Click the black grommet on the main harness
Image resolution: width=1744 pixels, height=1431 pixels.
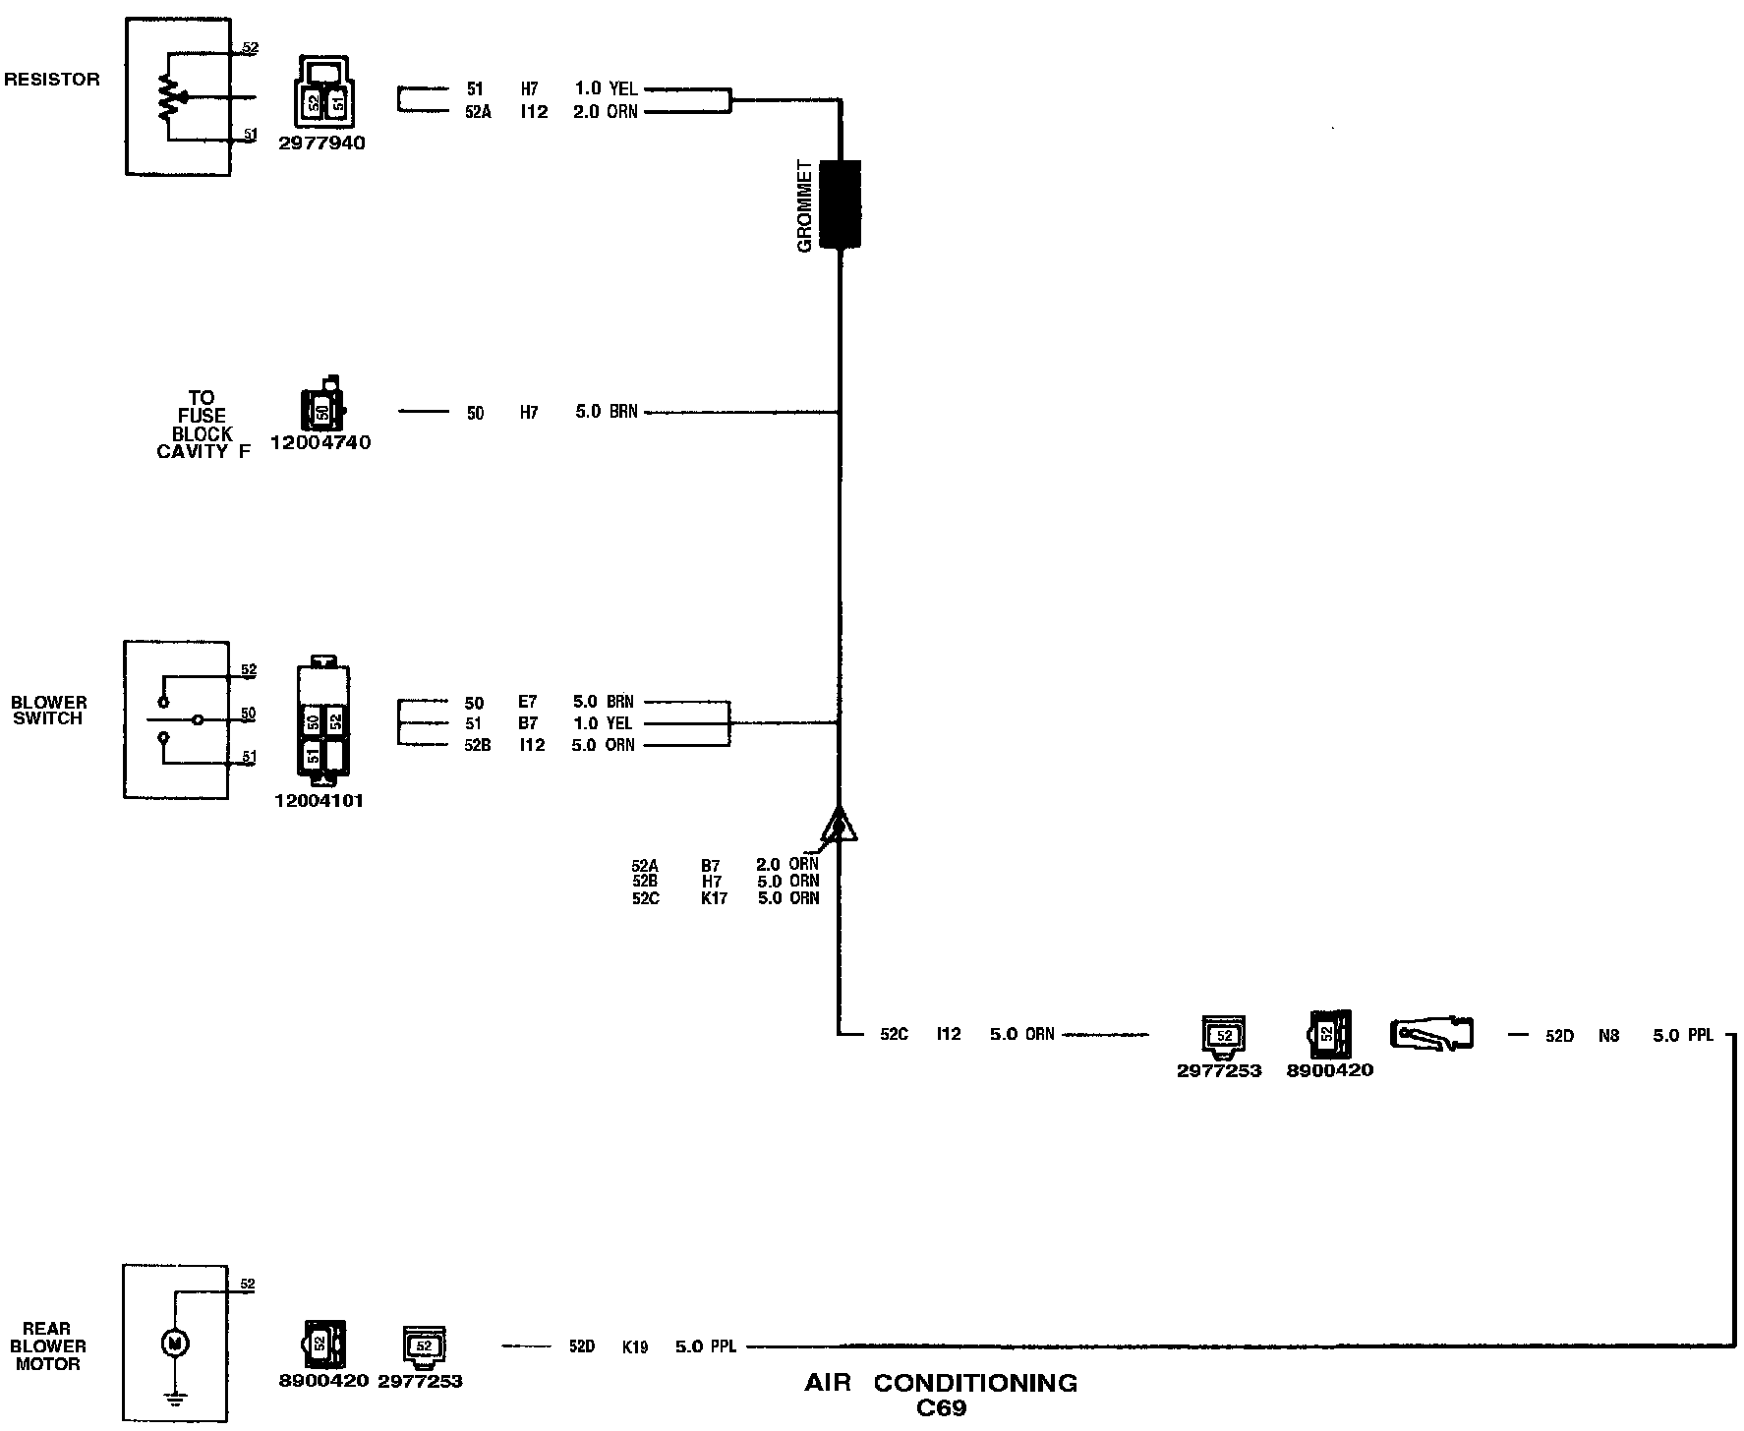click(840, 203)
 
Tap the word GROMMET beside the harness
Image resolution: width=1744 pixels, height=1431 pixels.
click(805, 206)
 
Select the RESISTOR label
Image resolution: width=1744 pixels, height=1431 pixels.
click(52, 80)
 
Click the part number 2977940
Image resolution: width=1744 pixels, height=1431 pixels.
click(321, 143)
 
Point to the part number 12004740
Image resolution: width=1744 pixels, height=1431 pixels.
click(320, 443)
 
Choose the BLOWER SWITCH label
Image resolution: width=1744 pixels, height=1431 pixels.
click(49, 711)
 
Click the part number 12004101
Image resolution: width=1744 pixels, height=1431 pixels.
click(319, 801)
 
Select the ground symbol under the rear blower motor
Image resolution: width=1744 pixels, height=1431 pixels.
click(174, 1397)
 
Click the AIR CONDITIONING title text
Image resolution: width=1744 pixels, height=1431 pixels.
click(941, 1383)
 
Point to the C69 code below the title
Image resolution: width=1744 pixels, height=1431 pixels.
click(941, 1408)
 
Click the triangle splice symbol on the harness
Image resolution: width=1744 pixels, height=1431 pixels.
click(839, 826)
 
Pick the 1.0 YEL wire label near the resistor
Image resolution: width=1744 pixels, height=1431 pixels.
click(606, 89)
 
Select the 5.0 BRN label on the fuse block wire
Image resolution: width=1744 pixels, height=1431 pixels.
click(607, 412)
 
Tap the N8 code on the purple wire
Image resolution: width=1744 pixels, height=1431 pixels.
click(1608, 1035)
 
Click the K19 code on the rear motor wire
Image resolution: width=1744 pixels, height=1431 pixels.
click(635, 1346)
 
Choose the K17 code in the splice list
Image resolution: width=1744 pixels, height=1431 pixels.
click(714, 898)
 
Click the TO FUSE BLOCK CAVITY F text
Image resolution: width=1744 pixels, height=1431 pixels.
click(203, 425)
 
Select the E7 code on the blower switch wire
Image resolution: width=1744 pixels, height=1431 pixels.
click(528, 703)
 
